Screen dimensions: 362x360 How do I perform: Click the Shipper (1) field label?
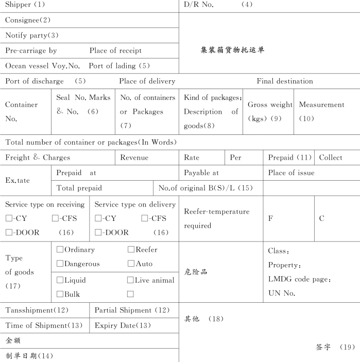pyautogui.click(x=25, y=5)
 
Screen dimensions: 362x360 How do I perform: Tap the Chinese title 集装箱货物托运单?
pyautogui.click(x=232, y=50)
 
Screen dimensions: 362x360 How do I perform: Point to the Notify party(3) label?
pyautogui.click(x=32, y=36)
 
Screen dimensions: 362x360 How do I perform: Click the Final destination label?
pyautogui.click(x=285, y=81)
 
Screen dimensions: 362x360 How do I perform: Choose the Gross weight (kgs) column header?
pyautogui.click(x=270, y=111)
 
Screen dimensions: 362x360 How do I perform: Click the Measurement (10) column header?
pyautogui.click(x=321, y=111)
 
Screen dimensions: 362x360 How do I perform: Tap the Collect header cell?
pyautogui.click(x=330, y=158)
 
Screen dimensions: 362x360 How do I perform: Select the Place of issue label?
pyautogui.click(x=291, y=173)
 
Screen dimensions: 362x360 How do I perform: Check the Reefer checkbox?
pyautogui.click(x=131, y=250)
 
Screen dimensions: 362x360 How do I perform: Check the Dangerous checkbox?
pyautogui.click(x=60, y=264)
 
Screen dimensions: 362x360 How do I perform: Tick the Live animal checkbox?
pyautogui.click(x=130, y=281)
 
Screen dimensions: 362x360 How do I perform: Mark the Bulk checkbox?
pyautogui.click(x=60, y=295)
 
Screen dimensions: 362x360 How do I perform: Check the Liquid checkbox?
pyautogui.click(x=60, y=281)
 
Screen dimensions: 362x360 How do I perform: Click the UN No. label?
pyautogui.click(x=282, y=293)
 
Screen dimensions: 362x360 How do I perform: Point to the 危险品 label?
pyautogui.click(x=196, y=271)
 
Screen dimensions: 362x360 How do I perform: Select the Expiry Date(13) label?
pyautogui.click(x=123, y=325)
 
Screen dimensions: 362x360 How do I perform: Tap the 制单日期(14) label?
pyautogui.click(x=29, y=355)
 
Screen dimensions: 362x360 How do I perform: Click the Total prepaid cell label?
pyautogui.click(x=79, y=188)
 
